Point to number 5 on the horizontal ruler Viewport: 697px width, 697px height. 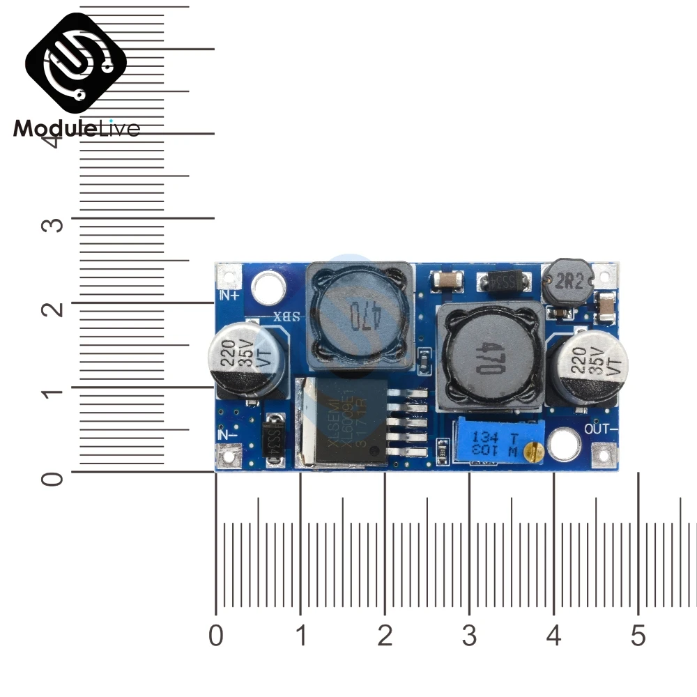(x=638, y=636)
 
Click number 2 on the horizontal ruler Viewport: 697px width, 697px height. (x=385, y=636)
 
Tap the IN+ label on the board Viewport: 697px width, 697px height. (x=229, y=295)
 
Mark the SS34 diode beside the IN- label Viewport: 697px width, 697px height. (x=273, y=440)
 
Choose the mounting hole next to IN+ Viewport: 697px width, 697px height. (x=268, y=288)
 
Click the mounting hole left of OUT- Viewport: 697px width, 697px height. (x=564, y=445)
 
